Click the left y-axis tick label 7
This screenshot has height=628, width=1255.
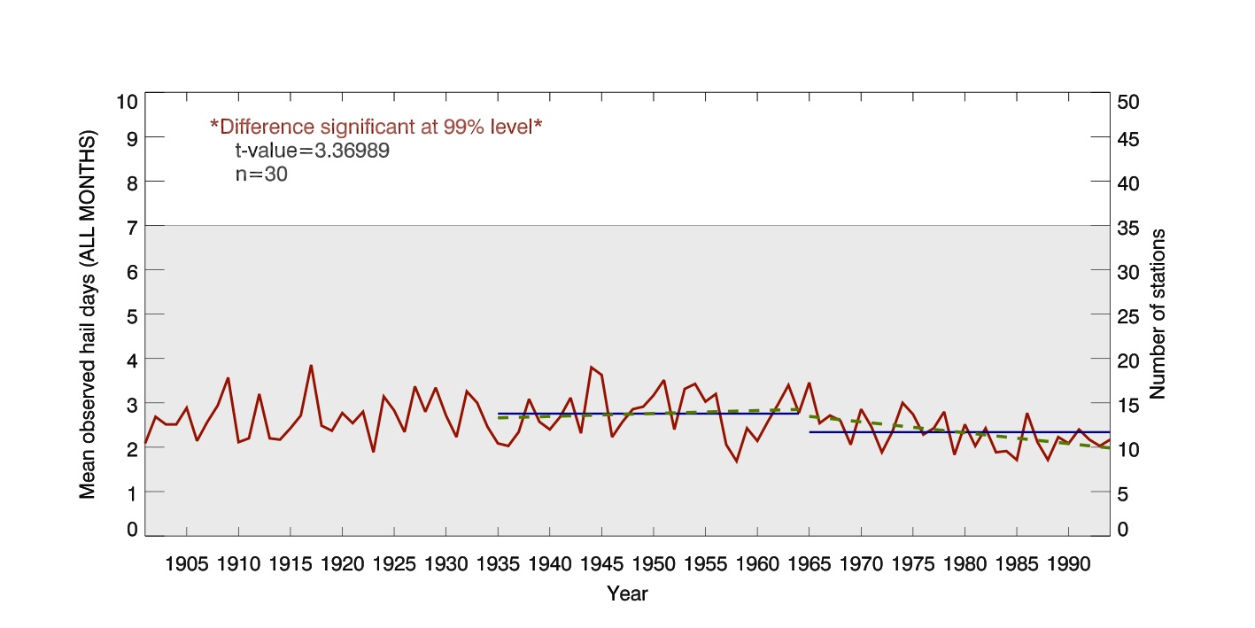pyautogui.click(x=131, y=226)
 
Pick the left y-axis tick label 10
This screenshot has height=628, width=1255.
pyautogui.click(x=127, y=101)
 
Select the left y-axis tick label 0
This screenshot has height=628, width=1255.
pyautogui.click(x=131, y=529)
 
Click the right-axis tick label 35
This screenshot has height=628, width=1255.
pyautogui.click(x=1129, y=228)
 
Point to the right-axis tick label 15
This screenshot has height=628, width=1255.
pyautogui.click(x=1129, y=405)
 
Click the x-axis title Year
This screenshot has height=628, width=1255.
pyautogui.click(x=627, y=594)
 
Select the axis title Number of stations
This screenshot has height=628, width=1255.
pyautogui.click(x=1158, y=314)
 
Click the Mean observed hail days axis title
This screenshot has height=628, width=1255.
pyautogui.click(x=88, y=315)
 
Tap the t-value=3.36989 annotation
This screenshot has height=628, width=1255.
pyautogui.click(x=312, y=151)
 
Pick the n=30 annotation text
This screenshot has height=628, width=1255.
pyautogui.click(x=261, y=174)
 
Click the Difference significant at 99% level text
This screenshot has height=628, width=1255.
pyautogui.click(x=376, y=127)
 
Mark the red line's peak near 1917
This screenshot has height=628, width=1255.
pyautogui.click(x=311, y=366)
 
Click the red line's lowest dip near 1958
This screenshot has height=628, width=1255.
pyautogui.click(x=736, y=461)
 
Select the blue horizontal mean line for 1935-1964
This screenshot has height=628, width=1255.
pyautogui.click(x=647, y=414)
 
